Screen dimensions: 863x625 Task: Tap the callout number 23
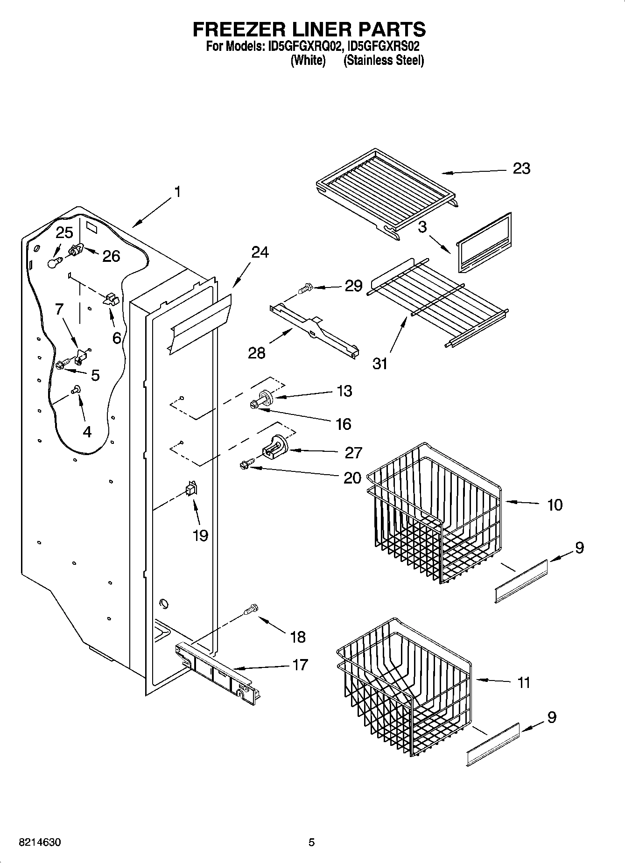[x=521, y=168]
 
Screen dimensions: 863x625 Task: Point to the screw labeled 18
[x=251, y=610]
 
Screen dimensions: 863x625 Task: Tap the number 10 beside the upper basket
[x=555, y=505]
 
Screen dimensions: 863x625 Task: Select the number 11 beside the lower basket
[x=524, y=682]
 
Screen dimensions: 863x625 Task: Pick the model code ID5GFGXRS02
[x=380, y=47]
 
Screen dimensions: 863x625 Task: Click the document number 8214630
[x=39, y=842]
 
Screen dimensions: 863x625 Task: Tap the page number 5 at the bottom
[x=311, y=842]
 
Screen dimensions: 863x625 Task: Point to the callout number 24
[x=260, y=252]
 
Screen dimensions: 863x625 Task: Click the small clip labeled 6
[x=111, y=299]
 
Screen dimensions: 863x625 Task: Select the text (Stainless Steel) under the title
[x=383, y=61]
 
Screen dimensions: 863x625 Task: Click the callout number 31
[x=380, y=363]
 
